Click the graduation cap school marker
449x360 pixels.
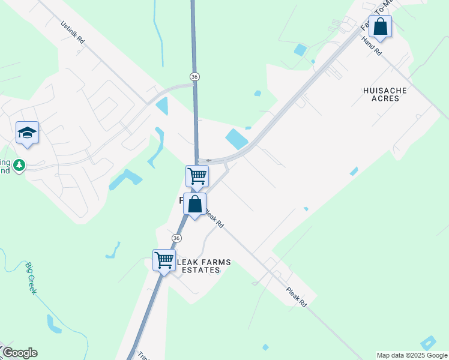[27, 133]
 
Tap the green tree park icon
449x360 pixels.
[19, 165]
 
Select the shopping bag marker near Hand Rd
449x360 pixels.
[380, 26]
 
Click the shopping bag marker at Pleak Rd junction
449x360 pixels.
[195, 204]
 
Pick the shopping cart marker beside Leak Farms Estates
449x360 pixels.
[164, 260]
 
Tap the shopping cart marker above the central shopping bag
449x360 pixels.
[197, 176]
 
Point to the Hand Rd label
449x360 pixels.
[372, 46]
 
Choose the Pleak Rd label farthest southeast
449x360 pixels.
[297, 296]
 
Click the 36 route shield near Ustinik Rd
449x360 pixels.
[194, 77]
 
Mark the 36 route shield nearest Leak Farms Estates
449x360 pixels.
[176, 238]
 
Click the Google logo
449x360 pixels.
[19, 353]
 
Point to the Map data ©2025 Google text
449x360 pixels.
[412, 355]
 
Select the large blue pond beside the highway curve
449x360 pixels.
[237, 139]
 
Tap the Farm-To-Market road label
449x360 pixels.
[367, 22]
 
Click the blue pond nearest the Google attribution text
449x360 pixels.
[429, 343]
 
